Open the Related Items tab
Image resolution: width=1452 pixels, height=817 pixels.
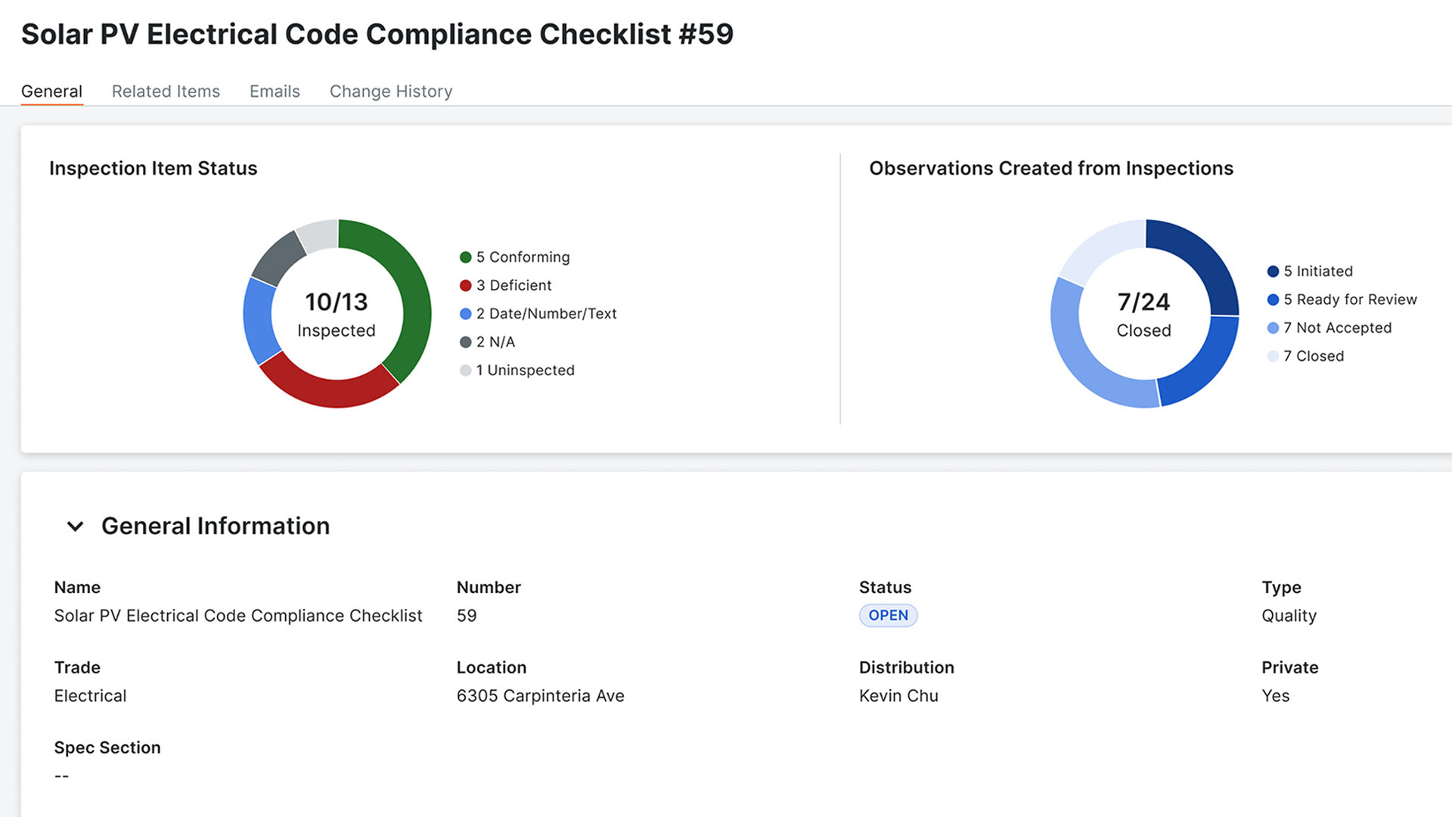click(x=166, y=92)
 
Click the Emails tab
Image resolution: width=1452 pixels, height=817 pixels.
click(x=275, y=92)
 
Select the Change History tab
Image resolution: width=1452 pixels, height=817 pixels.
click(x=391, y=92)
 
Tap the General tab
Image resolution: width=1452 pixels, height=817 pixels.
click(x=51, y=92)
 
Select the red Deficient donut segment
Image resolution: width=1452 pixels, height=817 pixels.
click(x=328, y=390)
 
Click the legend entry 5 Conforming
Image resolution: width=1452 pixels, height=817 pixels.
click(x=523, y=257)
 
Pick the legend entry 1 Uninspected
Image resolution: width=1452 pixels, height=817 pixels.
click(x=525, y=370)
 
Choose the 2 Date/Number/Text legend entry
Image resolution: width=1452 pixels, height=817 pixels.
click(x=546, y=313)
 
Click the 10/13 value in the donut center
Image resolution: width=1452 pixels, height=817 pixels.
click(x=337, y=302)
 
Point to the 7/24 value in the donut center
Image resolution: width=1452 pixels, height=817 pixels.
click(x=1143, y=302)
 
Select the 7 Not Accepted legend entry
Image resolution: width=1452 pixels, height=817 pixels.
click(x=1337, y=328)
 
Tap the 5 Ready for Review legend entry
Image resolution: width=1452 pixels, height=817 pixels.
click(x=1350, y=300)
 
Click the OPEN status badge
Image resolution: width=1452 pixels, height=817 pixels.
click(x=888, y=615)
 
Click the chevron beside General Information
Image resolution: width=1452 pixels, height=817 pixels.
click(x=75, y=526)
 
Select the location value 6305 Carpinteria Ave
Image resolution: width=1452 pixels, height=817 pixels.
click(x=540, y=696)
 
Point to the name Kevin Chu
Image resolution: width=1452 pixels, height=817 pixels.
click(x=898, y=696)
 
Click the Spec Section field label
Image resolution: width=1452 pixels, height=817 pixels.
click(x=107, y=747)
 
